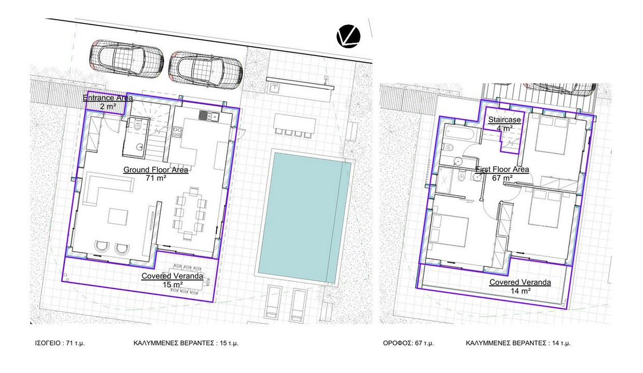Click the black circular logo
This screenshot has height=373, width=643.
(x=348, y=36)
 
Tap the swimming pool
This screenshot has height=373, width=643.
(x=305, y=217)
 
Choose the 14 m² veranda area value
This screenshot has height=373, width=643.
(x=520, y=291)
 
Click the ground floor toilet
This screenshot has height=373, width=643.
(x=137, y=125)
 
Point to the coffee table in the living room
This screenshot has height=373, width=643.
(x=118, y=217)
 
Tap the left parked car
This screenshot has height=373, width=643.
(x=126, y=59)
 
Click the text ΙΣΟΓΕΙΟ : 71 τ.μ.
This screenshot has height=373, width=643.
(x=60, y=343)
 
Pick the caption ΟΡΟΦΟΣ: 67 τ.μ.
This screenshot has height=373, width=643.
(x=408, y=343)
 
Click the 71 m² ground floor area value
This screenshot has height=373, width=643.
(x=156, y=178)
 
